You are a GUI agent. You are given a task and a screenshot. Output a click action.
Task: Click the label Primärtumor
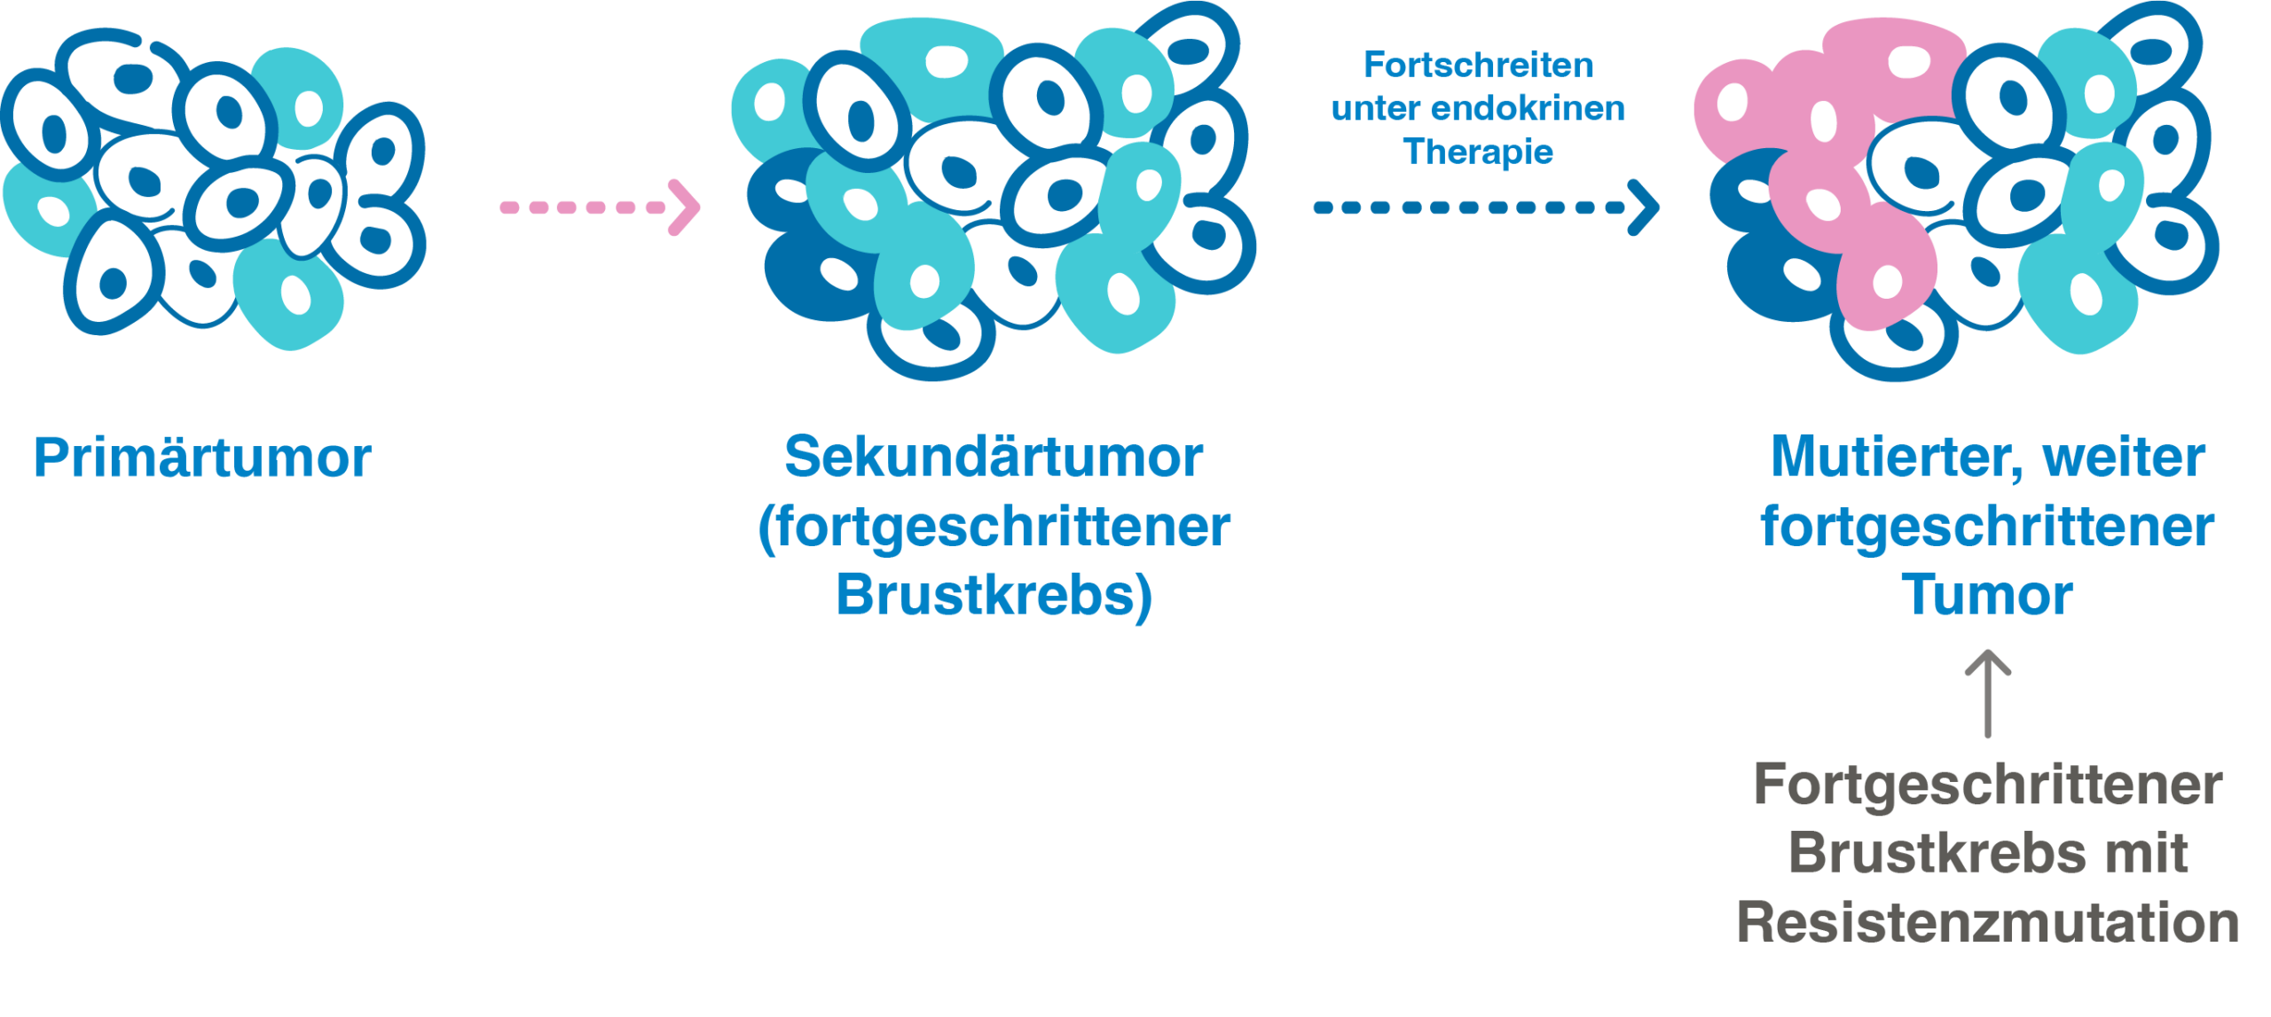[x=202, y=458]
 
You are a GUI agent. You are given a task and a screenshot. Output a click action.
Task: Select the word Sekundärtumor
[x=994, y=458]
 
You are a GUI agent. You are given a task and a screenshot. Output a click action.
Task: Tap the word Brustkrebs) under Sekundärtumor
[x=994, y=595]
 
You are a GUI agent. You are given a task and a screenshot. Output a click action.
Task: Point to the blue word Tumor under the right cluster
[x=1987, y=595]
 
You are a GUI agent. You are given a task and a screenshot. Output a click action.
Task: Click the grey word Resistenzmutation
[x=1987, y=923]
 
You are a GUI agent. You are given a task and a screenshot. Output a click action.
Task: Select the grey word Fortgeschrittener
[x=1987, y=786]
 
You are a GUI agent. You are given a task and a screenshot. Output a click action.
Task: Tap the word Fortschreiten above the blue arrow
[x=1479, y=66]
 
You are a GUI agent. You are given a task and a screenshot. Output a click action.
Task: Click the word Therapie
[x=1479, y=153]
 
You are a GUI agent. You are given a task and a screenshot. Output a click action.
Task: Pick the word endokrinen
[x=1528, y=109]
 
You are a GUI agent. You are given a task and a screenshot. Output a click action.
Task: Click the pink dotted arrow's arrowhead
[x=686, y=207]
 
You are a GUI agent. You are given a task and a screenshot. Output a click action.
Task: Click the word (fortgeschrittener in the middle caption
[x=994, y=528]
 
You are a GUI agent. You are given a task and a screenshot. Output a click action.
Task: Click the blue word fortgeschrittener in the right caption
[x=1987, y=528]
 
